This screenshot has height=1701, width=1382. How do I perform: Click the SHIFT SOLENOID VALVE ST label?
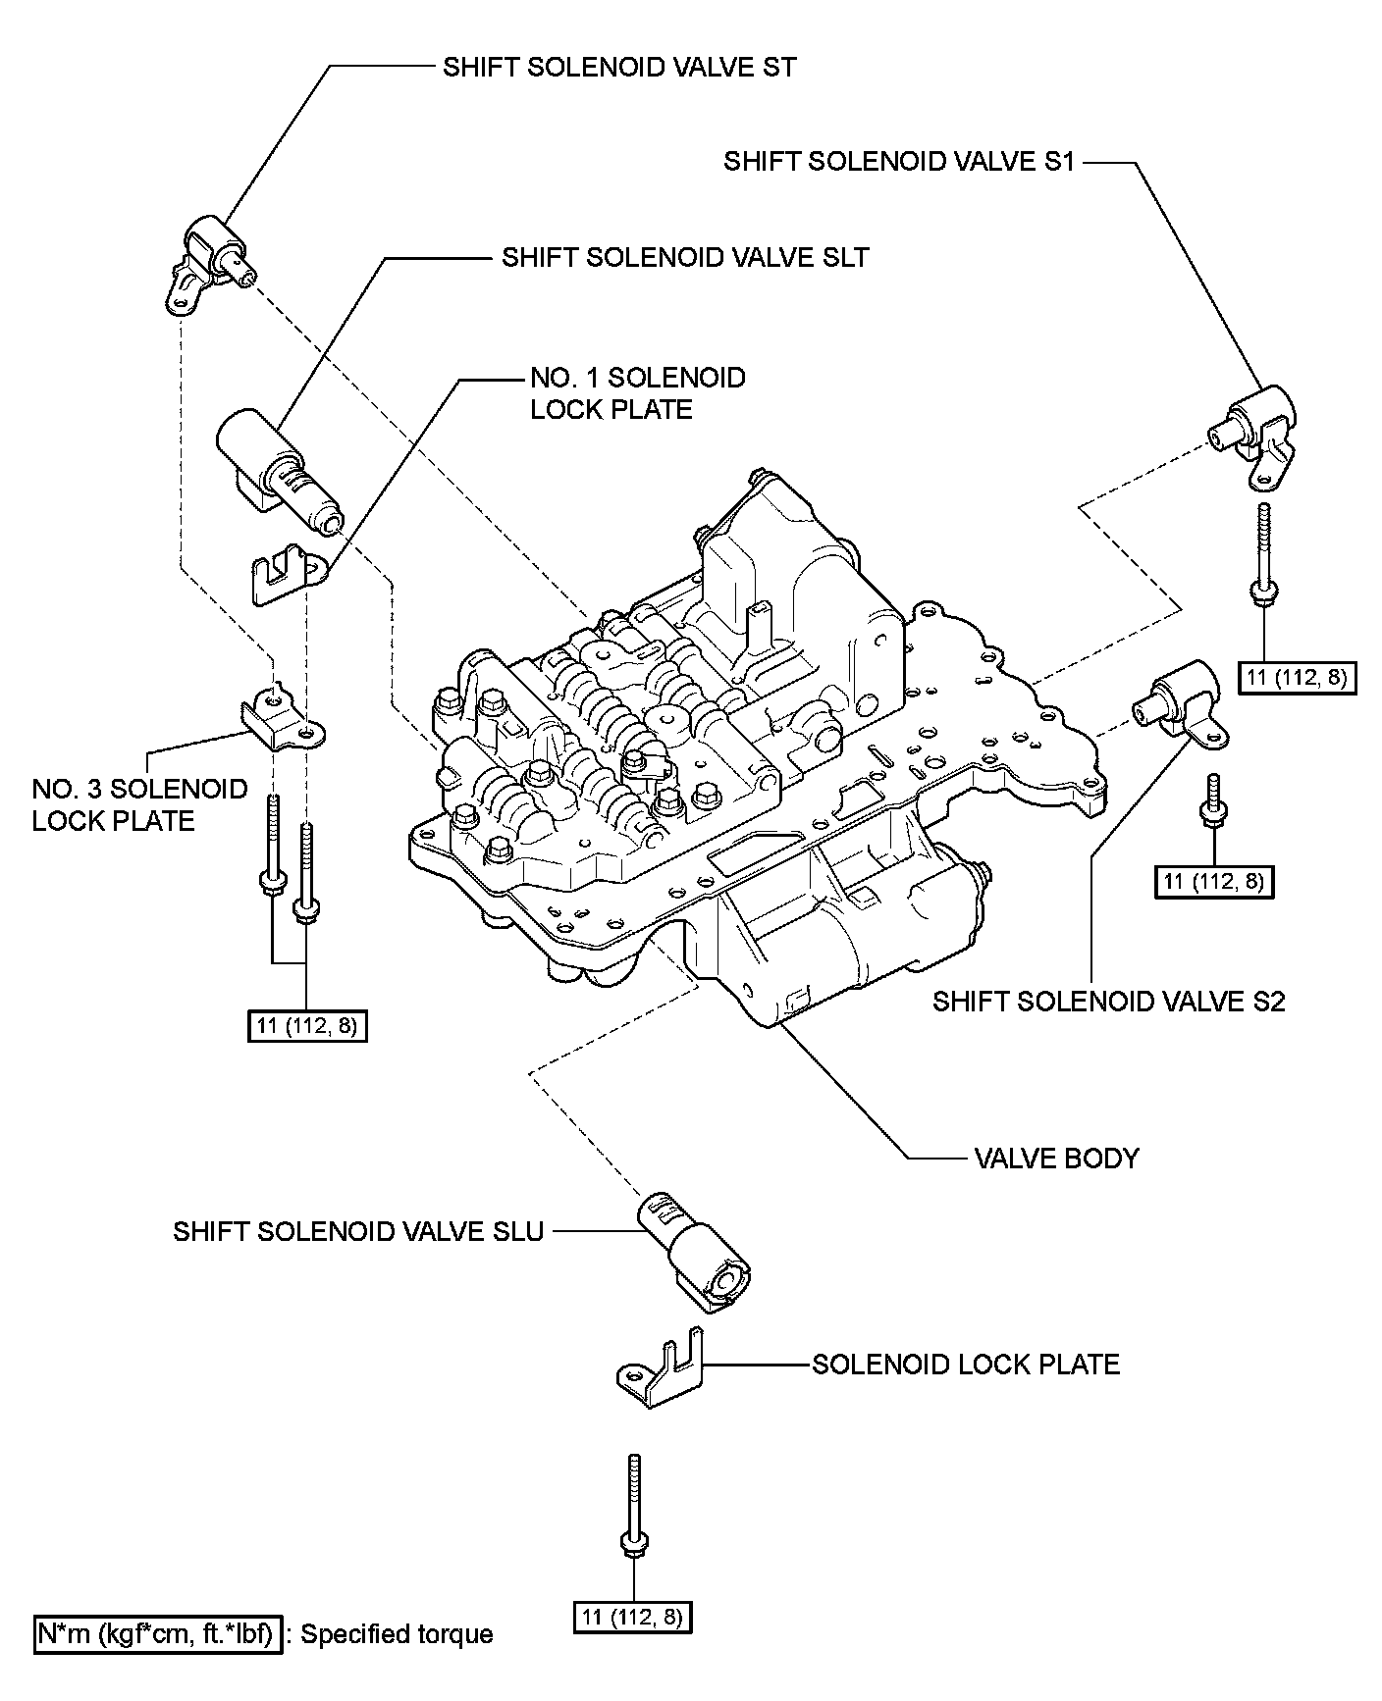pos(619,68)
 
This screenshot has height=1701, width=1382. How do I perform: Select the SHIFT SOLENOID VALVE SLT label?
pos(685,257)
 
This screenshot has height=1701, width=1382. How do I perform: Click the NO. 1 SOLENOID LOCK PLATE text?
pos(638,393)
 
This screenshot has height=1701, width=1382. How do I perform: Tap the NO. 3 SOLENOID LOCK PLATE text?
pos(139,804)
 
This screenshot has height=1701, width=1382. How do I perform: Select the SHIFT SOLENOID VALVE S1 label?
pos(899,161)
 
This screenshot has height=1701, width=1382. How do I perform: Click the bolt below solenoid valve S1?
pos(1263,555)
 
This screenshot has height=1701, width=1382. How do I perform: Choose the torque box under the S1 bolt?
pos(1297,677)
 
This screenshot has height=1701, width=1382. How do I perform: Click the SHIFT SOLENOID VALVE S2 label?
pos(1108,1002)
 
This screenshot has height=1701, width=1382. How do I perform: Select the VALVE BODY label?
pos(1057,1159)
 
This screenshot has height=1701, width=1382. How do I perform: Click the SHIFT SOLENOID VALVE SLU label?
pos(358,1231)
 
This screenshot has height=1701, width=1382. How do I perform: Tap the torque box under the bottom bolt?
pos(633,1616)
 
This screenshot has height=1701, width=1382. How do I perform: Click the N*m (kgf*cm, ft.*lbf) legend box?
pos(159,1633)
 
